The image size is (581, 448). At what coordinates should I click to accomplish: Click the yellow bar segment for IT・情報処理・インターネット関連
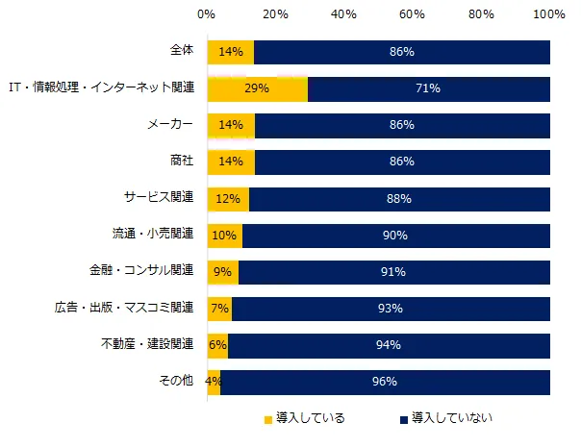pyautogui.click(x=257, y=88)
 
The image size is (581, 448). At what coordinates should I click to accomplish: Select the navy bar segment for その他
pyautogui.click(x=385, y=382)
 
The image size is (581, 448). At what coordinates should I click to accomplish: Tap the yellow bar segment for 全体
pyautogui.click(x=230, y=52)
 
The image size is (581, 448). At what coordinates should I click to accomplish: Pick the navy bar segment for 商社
pyautogui.click(x=402, y=162)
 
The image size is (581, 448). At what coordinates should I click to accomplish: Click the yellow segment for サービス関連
pyautogui.click(x=227, y=199)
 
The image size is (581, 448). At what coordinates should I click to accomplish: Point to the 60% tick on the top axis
pyautogui.click(x=412, y=15)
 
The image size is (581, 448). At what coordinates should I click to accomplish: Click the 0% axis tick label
pyautogui.click(x=206, y=15)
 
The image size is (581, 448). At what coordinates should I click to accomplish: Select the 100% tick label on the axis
pyautogui.click(x=549, y=15)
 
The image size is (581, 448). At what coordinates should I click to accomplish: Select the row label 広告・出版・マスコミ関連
pyautogui.click(x=124, y=309)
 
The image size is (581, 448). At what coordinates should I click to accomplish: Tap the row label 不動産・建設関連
pyautogui.click(x=146, y=345)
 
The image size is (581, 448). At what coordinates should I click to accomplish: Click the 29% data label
pyautogui.click(x=257, y=88)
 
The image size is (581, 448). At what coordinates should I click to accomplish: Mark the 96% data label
pyautogui.click(x=385, y=382)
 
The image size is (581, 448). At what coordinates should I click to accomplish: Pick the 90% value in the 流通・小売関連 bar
pyautogui.click(x=395, y=236)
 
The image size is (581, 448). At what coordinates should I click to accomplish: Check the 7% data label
pyautogui.click(x=219, y=309)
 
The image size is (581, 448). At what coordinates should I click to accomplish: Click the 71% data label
pyautogui.click(x=428, y=88)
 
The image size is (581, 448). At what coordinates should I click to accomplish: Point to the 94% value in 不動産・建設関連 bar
pyautogui.click(x=389, y=345)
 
